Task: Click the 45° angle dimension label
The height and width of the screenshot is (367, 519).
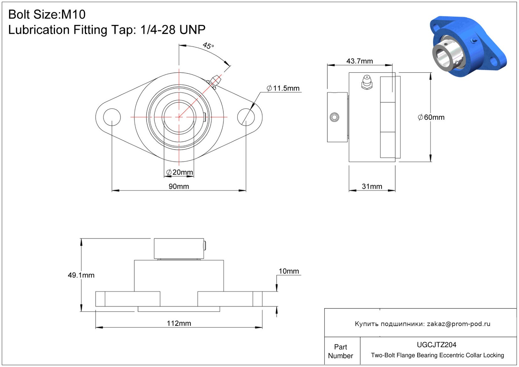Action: click(208, 45)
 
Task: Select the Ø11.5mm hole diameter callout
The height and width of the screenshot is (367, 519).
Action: click(283, 88)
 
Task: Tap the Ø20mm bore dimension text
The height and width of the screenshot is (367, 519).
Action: click(180, 172)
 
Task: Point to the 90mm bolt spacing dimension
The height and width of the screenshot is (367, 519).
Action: click(179, 186)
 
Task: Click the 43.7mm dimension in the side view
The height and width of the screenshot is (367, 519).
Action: click(360, 61)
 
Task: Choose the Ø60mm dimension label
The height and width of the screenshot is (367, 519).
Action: click(431, 117)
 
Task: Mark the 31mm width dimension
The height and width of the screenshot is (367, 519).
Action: click(372, 186)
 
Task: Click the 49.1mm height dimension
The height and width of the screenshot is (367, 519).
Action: click(81, 275)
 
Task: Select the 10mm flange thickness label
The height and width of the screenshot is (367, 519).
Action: click(289, 271)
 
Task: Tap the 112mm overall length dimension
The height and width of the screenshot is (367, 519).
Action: click(179, 323)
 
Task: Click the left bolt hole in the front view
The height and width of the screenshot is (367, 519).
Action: click(112, 117)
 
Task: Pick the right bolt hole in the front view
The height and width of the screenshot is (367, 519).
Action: click(246, 117)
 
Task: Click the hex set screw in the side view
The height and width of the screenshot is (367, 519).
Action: click(334, 117)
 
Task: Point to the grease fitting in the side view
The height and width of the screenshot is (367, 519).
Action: click(367, 82)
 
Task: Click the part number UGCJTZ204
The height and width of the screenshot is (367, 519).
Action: click(436, 345)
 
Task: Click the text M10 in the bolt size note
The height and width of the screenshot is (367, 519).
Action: click(73, 14)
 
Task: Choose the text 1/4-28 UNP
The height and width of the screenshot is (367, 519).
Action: click(173, 30)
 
